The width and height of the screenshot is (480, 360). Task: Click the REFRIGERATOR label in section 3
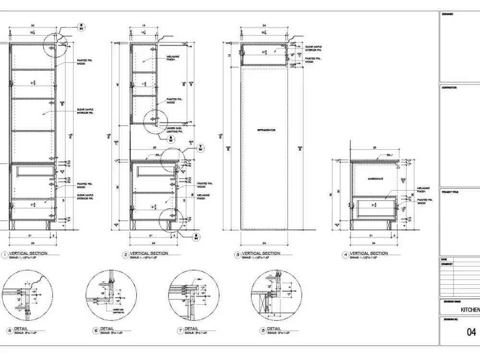tap(266, 130)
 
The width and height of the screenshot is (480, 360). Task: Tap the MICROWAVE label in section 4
tap(375, 179)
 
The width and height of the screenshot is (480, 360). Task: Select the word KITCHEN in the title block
tap(470, 310)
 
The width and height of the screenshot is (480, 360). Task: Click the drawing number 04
tap(471, 332)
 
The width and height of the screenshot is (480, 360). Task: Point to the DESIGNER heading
tap(447, 14)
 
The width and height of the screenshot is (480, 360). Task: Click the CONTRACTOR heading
tap(449, 88)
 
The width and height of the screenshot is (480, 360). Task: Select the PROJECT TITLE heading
tap(450, 192)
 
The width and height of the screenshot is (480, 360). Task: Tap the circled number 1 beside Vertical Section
tap(5, 254)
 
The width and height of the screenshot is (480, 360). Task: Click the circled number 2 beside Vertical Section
tap(126, 254)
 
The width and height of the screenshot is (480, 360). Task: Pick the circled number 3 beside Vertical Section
tap(237, 254)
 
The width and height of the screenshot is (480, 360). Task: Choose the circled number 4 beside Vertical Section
tap(345, 254)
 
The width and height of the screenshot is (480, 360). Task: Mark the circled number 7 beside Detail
tap(180, 330)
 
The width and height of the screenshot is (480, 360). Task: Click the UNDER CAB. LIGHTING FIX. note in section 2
tap(174, 129)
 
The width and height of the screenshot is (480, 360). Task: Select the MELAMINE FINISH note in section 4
tap(422, 190)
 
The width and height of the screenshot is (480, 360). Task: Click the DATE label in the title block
tap(444, 259)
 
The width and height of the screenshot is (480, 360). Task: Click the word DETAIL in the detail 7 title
tap(192, 329)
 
